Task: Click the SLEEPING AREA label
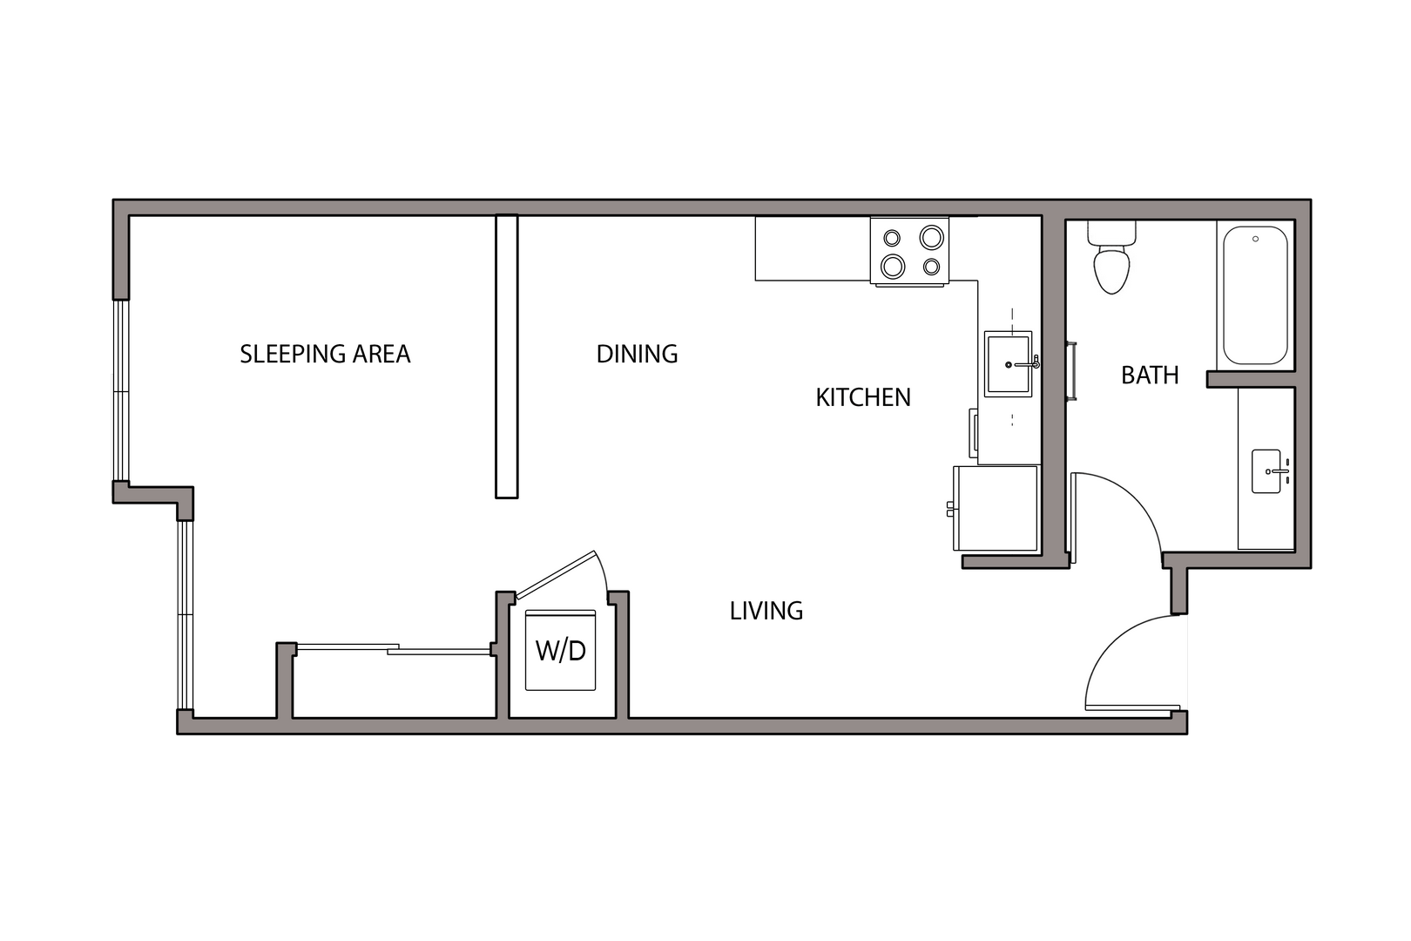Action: [x=325, y=354]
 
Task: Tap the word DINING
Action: [x=637, y=354]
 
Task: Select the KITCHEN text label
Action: [x=862, y=397]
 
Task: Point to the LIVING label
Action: [x=766, y=611]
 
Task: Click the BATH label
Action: [x=1150, y=375]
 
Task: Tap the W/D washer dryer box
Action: [x=560, y=650]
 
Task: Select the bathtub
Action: [x=1255, y=294]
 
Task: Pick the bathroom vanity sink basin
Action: [x=1266, y=471]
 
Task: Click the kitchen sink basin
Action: [x=1008, y=364]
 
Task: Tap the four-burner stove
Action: [x=910, y=251]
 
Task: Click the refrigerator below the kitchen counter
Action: [x=996, y=508]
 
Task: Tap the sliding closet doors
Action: [x=392, y=648]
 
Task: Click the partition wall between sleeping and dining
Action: [x=506, y=356]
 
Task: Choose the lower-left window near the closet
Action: [x=185, y=614]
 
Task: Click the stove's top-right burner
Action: [x=931, y=236]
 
